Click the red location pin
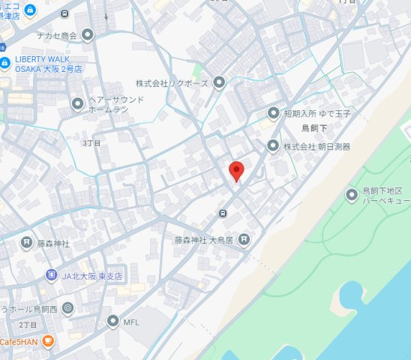tap(236, 170)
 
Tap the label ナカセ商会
tap(58, 34)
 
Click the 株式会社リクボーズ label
tap(172, 82)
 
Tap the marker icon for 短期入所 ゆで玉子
tap(274, 113)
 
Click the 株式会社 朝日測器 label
tap(316, 146)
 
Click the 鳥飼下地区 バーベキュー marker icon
tap(352, 196)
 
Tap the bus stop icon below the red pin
tap(223, 214)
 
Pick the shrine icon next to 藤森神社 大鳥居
tap(244, 240)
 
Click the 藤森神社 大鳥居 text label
tap(205, 240)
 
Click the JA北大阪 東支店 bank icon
tap(50, 274)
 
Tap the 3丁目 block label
tap(91, 142)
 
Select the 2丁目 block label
tap(28, 325)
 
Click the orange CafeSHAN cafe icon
tap(49, 340)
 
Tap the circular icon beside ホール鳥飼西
tap(68, 307)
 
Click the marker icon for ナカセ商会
tap(88, 34)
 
